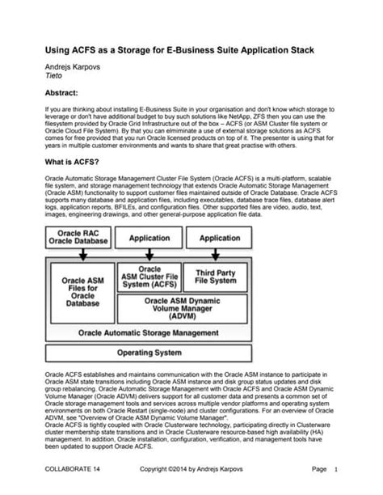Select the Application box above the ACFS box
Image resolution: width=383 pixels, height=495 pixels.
tap(149, 239)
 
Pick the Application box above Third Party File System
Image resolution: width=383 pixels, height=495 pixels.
tap(220, 239)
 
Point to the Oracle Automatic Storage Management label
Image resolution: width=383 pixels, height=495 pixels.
tap(149, 332)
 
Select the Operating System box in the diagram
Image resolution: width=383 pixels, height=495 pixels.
tap(149, 353)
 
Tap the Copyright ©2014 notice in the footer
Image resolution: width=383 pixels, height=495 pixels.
tap(191, 468)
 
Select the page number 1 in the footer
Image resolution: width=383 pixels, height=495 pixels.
tap(335, 468)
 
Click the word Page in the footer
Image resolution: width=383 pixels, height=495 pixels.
tap(318, 468)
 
